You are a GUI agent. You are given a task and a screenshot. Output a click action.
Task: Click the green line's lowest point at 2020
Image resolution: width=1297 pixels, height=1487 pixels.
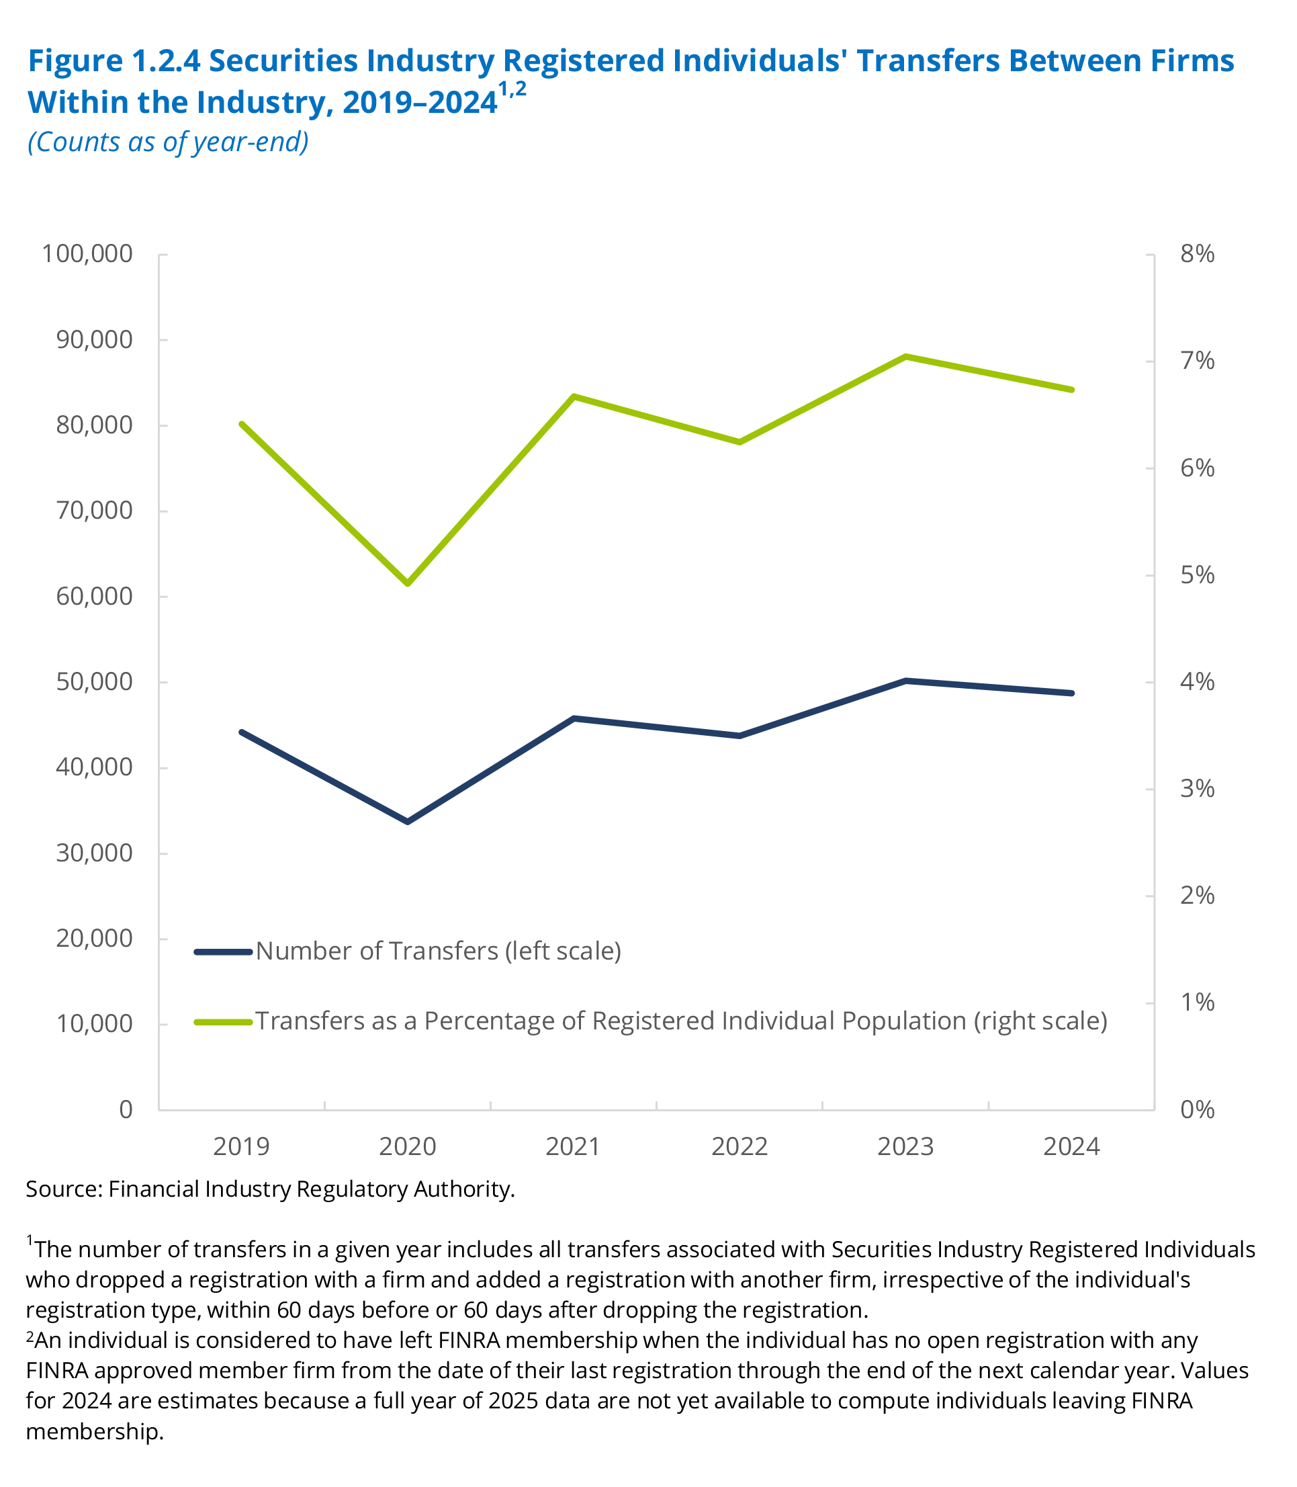(408, 582)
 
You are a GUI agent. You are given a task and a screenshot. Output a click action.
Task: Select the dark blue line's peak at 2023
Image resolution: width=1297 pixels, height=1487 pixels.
(905, 681)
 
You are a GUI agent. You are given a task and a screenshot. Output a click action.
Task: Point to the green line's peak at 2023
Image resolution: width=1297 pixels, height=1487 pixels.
(905, 356)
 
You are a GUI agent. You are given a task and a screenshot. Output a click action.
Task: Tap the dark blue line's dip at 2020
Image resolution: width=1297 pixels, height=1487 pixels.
(408, 822)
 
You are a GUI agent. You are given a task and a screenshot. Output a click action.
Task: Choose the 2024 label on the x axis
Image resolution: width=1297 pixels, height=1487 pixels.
(1071, 1147)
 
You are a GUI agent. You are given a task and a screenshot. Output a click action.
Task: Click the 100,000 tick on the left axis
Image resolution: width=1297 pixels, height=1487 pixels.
(87, 254)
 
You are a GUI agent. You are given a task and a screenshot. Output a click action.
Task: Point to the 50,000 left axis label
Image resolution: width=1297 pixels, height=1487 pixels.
(94, 682)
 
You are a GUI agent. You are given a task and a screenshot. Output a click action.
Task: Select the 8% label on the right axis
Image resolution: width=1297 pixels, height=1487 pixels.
(1197, 254)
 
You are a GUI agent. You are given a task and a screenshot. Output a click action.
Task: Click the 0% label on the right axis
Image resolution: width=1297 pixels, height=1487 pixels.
(1197, 1110)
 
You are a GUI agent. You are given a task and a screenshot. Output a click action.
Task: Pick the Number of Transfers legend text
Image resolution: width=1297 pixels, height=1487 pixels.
(439, 951)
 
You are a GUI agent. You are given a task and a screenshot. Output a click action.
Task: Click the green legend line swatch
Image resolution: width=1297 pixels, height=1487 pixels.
(223, 1021)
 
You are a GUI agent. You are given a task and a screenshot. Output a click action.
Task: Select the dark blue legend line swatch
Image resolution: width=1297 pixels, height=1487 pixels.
(223, 952)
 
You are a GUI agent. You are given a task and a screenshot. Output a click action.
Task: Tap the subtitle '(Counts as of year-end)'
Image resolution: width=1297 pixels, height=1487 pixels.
(168, 142)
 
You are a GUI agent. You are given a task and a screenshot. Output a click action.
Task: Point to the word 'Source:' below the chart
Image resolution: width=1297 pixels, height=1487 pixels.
(64, 1189)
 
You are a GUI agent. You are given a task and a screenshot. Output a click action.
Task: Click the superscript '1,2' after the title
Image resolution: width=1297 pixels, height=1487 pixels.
(512, 91)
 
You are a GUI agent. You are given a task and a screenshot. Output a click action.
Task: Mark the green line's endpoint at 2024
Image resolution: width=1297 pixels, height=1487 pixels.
(1072, 390)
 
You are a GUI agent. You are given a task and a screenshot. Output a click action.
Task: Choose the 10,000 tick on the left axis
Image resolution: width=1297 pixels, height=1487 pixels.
(94, 1023)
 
